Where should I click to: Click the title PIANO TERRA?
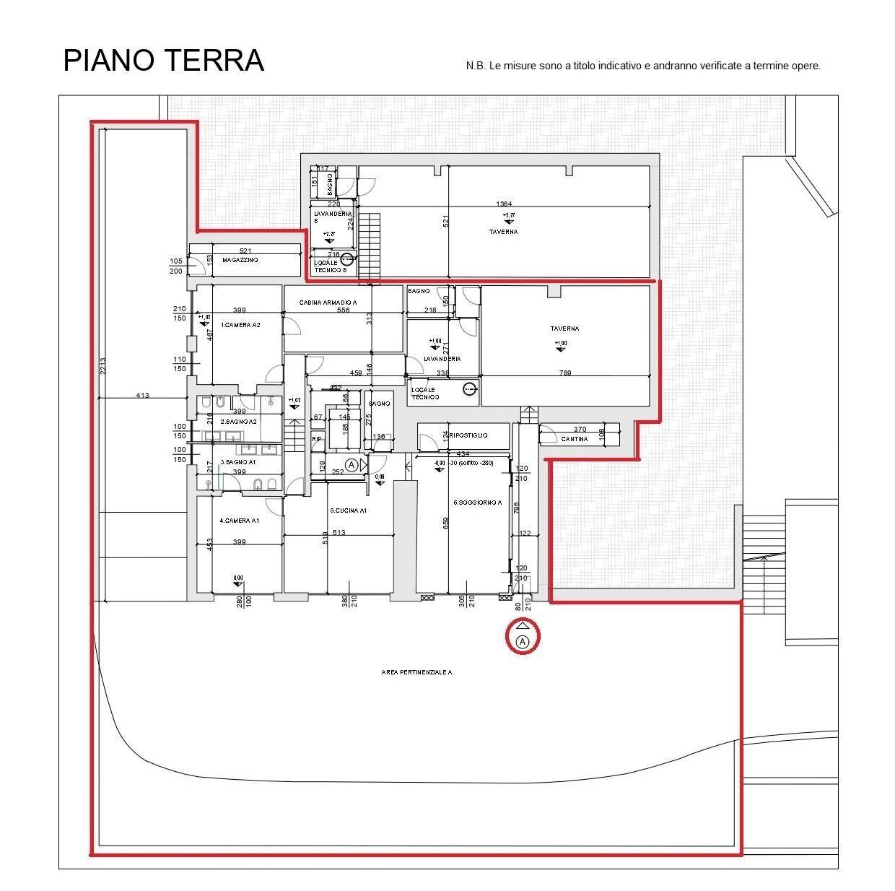click(x=164, y=61)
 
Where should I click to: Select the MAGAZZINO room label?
click(x=240, y=260)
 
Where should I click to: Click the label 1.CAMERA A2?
click(x=240, y=325)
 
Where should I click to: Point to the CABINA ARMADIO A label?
click(x=328, y=303)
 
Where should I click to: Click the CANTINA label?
click(x=575, y=439)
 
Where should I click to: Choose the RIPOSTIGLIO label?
click(x=468, y=435)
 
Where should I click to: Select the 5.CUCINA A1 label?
click(x=349, y=510)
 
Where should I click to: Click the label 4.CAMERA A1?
click(x=239, y=521)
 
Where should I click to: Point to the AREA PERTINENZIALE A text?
click(x=416, y=672)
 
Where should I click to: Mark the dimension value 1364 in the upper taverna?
click(x=504, y=204)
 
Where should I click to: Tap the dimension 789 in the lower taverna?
click(x=566, y=373)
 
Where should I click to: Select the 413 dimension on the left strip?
click(x=142, y=395)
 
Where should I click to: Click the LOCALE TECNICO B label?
click(x=326, y=266)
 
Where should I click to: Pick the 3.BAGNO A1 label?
click(x=238, y=462)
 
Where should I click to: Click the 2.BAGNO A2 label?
click(x=238, y=422)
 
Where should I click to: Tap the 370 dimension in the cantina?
click(x=580, y=430)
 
